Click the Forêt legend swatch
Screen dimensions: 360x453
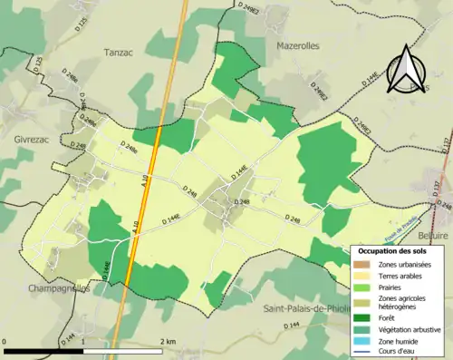(x=361, y=317)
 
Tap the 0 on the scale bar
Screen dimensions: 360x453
(x=6, y=340)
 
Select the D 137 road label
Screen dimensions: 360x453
(x=445, y=143)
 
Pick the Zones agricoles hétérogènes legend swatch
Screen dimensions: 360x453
(x=361, y=301)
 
